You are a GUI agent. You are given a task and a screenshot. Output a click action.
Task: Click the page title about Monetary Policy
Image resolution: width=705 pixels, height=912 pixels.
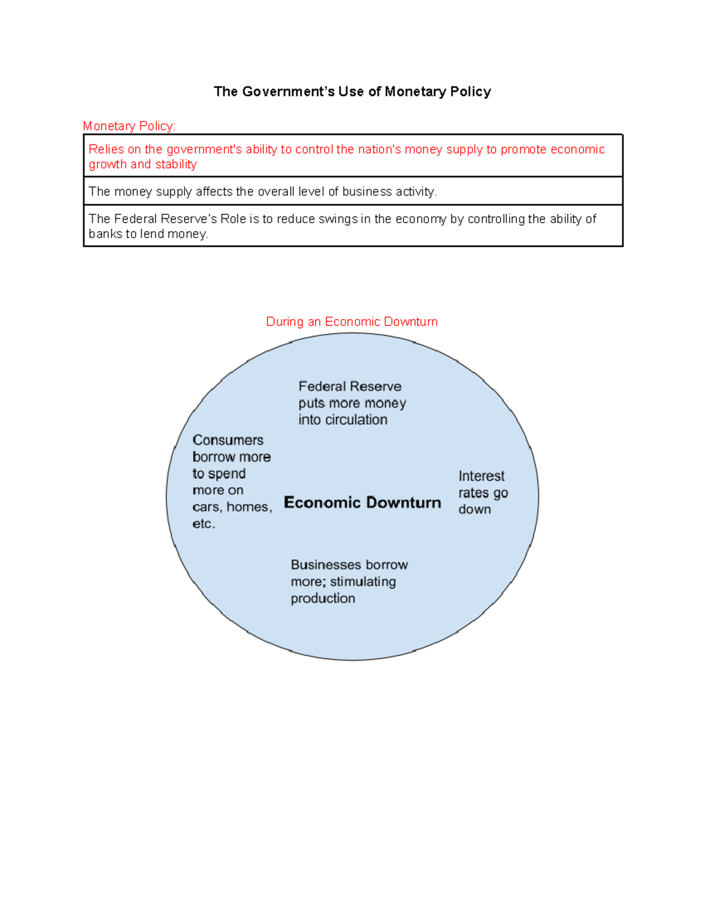(352, 92)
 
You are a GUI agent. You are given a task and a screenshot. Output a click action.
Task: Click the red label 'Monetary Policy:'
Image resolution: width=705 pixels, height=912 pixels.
(129, 126)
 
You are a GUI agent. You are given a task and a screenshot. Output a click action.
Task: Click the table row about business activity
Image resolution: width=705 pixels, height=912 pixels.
(263, 191)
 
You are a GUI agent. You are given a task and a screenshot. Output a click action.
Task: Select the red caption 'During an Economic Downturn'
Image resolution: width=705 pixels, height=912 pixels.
(351, 322)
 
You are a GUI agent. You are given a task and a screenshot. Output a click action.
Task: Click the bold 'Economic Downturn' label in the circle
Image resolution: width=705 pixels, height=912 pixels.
(362, 503)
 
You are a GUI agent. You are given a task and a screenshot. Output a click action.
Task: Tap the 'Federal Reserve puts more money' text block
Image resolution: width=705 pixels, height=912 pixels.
(351, 403)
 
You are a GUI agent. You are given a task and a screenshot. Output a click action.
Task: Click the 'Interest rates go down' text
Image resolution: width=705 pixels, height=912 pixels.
(482, 493)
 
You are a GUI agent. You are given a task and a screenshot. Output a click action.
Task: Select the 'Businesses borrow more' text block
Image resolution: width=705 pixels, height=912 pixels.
(348, 581)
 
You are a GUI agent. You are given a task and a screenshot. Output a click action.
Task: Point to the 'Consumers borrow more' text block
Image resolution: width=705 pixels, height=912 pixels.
(231, 482)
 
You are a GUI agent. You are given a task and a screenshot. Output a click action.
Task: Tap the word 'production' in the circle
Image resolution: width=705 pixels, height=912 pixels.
(323, 598)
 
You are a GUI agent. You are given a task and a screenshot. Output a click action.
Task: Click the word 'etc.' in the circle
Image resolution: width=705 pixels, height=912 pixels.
(203, 524)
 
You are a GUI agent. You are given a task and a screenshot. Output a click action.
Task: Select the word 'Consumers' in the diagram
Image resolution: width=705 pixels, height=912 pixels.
(228, 440)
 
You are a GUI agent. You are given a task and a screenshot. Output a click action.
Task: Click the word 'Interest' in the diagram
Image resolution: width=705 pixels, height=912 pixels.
(481, 476)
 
